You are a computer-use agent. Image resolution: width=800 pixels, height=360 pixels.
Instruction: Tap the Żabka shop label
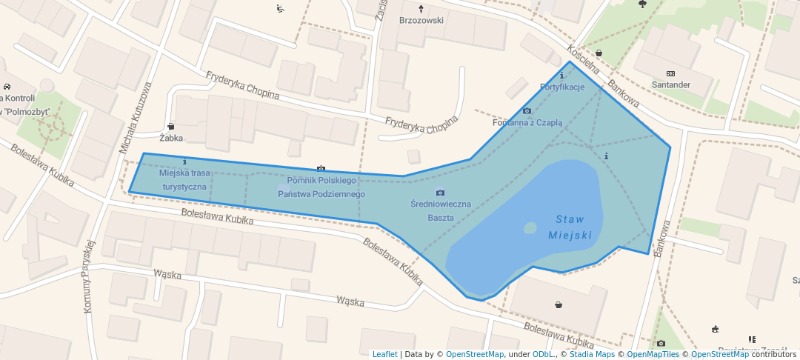pyautogui.click(x=171, y=138)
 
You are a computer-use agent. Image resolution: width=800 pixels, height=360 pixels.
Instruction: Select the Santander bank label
pyautogui.click(x=670, y=85)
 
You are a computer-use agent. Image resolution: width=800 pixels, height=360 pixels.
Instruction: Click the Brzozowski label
pyautogui.click(x=421, y=21)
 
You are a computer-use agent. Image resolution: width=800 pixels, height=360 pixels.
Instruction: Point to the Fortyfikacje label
pyautogui.click(x=562, y=87)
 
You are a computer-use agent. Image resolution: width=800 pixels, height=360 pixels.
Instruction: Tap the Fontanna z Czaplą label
pyautogui.click(x=527, y=123)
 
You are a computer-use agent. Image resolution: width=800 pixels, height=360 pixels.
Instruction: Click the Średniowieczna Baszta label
pyautogui.click(x=440, y=210)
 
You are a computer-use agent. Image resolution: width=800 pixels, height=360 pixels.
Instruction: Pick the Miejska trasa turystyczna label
pyautogui.click(x=184, y=180)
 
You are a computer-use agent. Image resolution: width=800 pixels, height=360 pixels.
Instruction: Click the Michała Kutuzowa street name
pyautogui.click(x=135, y=119)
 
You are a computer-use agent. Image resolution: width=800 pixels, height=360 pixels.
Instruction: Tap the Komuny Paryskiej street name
pyautogui.click(x=90, y=276)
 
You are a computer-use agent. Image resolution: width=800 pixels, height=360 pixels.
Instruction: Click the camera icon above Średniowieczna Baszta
pyautogui.click(x=440, y=193)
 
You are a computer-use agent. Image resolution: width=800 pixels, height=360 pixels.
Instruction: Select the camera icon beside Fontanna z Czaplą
pyautogui.click(x=527, y=112)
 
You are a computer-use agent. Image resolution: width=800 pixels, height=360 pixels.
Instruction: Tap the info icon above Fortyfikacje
pyautogui.click(x=562, y=76)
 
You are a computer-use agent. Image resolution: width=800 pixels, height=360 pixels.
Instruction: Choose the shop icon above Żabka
pyautogui.click(x=171, y=127)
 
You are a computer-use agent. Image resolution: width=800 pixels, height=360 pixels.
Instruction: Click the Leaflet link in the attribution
pyautogui.click(x=384, y=354)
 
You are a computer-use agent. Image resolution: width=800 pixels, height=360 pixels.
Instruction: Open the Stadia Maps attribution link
pyautogui.click(x=591, y=354)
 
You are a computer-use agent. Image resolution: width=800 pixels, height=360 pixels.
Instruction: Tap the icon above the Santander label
pyautogui.click(x=670, y=73)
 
